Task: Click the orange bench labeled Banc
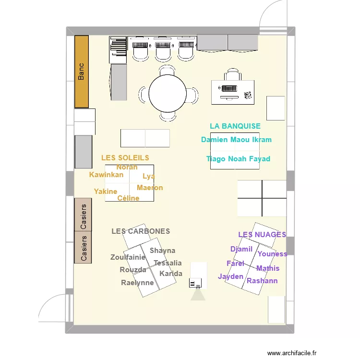[x=82, y=71]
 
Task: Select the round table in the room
[x=168, y=93]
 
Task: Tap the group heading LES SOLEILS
[x=125, y=157]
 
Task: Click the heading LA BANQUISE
[x=235, y=126]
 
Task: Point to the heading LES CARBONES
[x=141, y=231]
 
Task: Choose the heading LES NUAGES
[x=262, y=235]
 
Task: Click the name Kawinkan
[x=106, y=175]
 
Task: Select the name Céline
[x=128, y=198]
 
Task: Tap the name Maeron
[x=150, y=188]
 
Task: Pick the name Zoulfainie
[x=128, y=257]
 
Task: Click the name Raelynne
[x=137, y=283]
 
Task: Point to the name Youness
[x=272, y=254]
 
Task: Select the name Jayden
[x=230, y=276]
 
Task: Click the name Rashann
[x=262, y=281]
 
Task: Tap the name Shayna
[x=162, y=251]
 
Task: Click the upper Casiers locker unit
[x=83, y=215]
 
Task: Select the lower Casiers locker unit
[x=83, y=248]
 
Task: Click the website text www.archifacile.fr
[x=295, y=352]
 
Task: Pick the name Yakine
[x=106, y=192]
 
